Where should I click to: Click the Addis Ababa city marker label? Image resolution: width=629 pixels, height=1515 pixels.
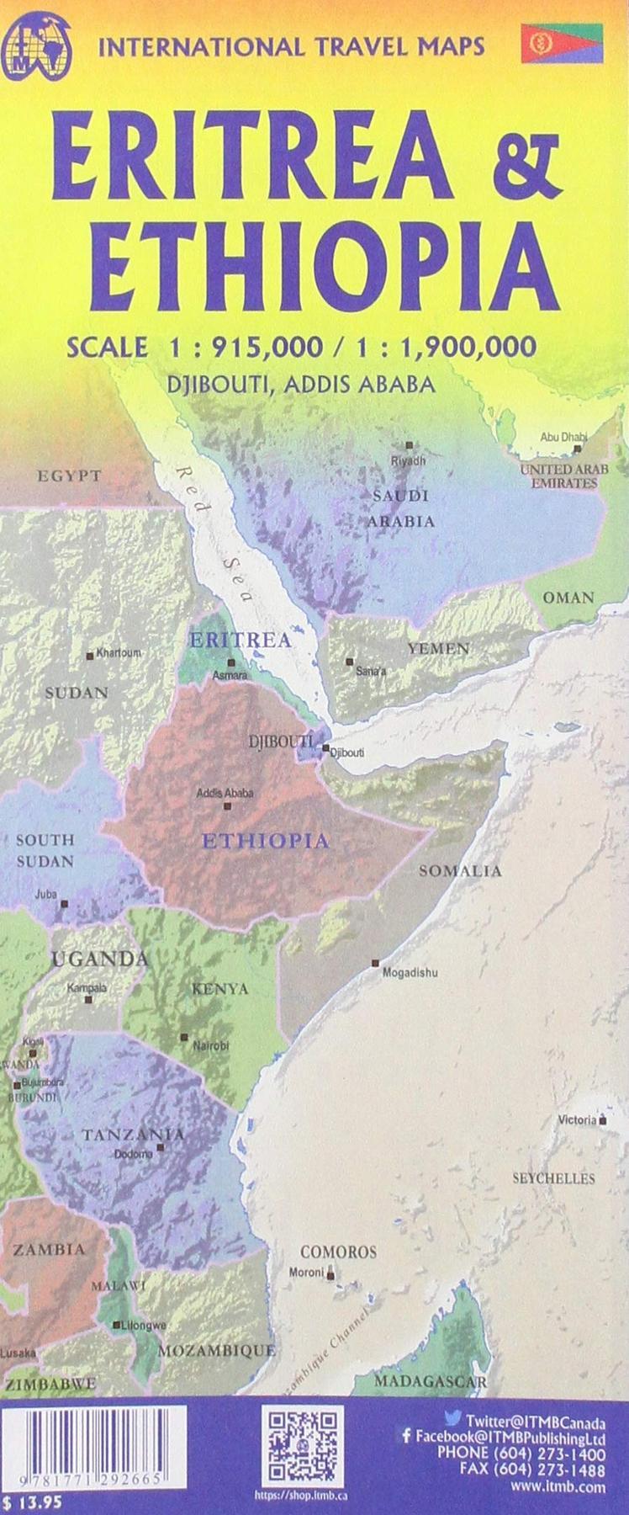pos(225,792)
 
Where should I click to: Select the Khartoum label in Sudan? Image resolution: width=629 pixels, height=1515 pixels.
pos(119,653)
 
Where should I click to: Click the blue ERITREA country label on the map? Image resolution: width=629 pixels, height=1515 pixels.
pos(240,641)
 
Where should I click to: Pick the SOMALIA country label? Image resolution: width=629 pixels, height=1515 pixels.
pos(460,871)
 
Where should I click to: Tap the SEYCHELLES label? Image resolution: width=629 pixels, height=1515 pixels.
pos(553,1178)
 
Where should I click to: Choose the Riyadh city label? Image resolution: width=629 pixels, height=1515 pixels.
pos(409,461)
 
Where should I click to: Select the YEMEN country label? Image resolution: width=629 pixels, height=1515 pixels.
pos(438,648)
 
